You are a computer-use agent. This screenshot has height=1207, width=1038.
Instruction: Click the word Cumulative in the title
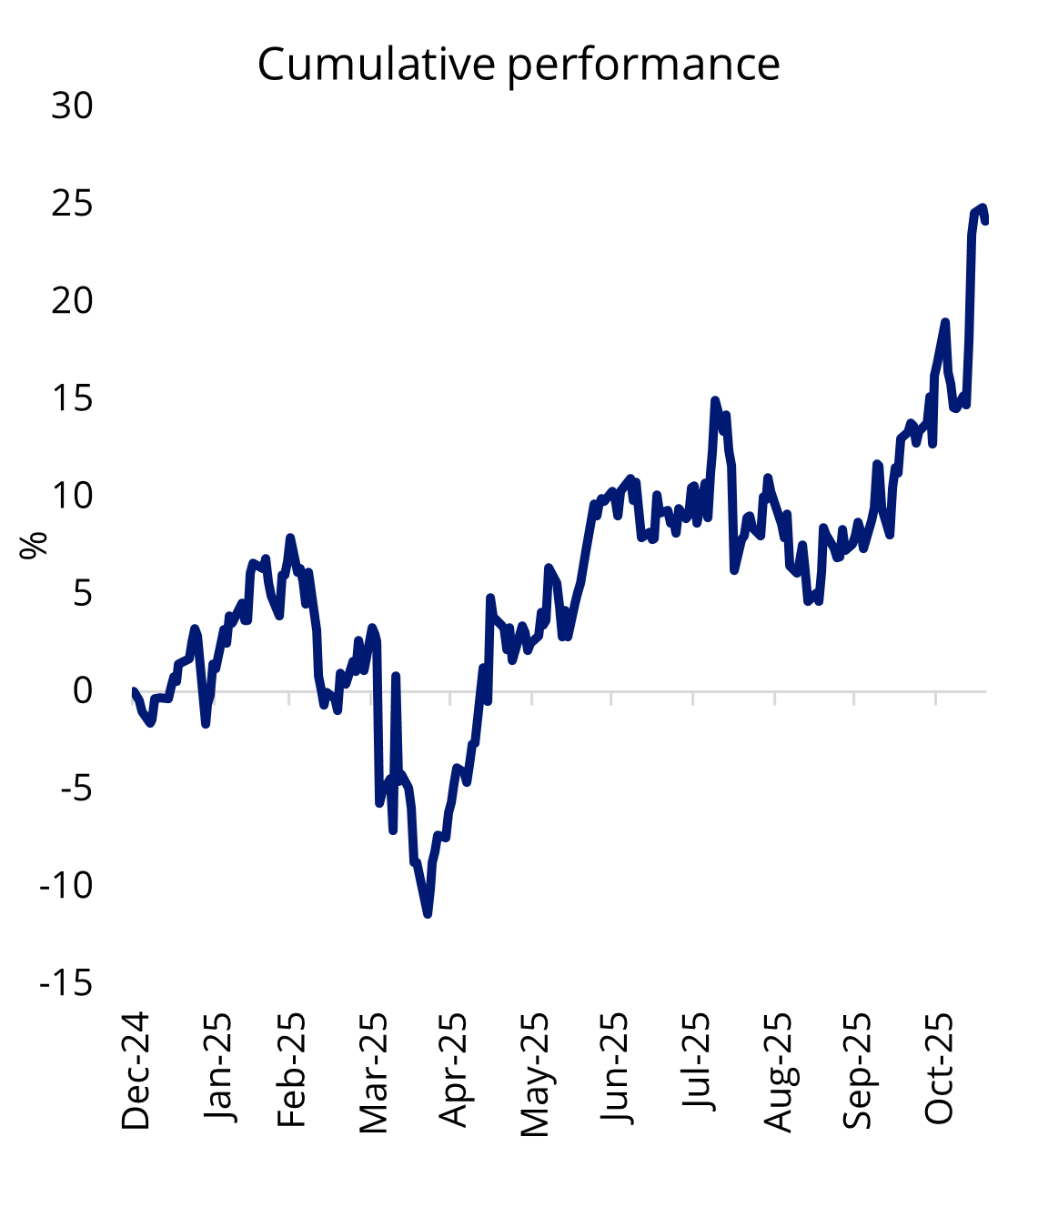377,65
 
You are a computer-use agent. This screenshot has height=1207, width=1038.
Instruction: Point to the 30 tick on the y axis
72,106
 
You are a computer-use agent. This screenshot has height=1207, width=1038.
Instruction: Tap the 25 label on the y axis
72,204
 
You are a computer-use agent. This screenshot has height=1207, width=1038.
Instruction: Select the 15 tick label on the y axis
72,398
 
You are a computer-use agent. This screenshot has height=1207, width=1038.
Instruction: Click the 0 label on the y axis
82,690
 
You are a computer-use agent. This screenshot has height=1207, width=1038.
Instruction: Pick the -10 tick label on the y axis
66,885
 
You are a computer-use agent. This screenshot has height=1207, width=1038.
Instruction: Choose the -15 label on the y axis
66,983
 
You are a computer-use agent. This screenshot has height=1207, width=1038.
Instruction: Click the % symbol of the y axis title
34,546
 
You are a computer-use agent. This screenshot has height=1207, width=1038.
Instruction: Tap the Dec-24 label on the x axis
136,1071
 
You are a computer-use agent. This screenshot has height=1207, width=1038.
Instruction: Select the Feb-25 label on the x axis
291,1071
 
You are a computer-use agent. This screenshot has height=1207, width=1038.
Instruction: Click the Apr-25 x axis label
452,1071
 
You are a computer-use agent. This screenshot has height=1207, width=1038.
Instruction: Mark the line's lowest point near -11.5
428,914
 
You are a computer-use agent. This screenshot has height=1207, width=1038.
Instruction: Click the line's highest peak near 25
983,208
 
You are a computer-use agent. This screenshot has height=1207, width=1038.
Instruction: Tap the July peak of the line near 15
715,400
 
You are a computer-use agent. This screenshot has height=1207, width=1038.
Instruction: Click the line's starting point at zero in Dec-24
134,691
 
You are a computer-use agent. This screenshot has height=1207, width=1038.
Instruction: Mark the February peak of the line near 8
290,538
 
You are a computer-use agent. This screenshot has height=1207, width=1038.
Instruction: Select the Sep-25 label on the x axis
857,1071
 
